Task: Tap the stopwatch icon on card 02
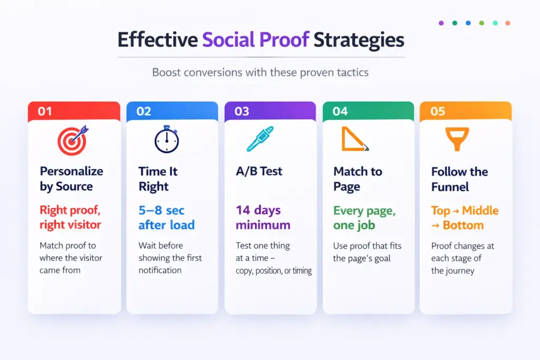pyautogui.click(x=166, y=140)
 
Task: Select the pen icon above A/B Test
pyautogui.click(x=261, y=139)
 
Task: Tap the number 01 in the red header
pyautogui.click(x=46, y=111)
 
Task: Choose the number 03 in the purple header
pyautogui.click(x=242, y=111)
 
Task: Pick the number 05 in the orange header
pyautogui.click(x=438, y=111)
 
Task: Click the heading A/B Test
pyautogui.click(x=259, y=171)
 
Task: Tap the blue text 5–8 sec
pyautogui.click(x=161, y=210)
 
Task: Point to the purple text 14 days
pyautogui.click(x=258, y=210)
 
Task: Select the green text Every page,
pyautogui.click(x=364, y=211)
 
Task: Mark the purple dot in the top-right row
pyautogui.click(x=441, y=23)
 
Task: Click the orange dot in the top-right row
pyautogui.click(x=507, y=23)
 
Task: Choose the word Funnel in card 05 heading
pyautogui.click(x=450, y=187)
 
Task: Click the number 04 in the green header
pyautogui.click(x=340, y=111)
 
